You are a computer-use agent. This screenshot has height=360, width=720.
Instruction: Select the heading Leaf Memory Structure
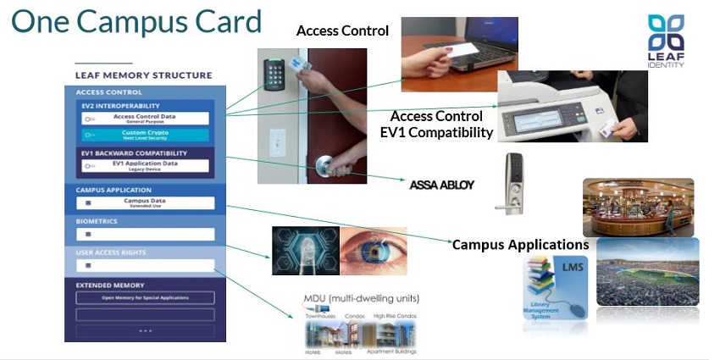(143, 75)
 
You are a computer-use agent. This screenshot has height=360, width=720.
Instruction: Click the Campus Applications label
(520, 245)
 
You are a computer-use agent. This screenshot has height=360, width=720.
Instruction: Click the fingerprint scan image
(305, 252)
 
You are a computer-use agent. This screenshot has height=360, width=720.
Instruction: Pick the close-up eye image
(373, 251)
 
